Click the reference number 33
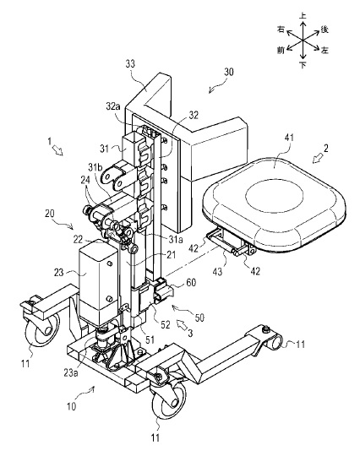click(x=130, y=63)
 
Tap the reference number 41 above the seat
click(x=288, y=138)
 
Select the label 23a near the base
click(x=71, y=373)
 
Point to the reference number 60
click(x=191, y=282)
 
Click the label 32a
click(x=113, y=106)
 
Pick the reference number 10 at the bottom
click(x=72, y=406)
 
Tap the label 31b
click(x=95, y=167)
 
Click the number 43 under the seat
click(x=218, y=271)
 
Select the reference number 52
click(x=165, y=324)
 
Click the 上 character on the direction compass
click(x=303, y=16)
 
